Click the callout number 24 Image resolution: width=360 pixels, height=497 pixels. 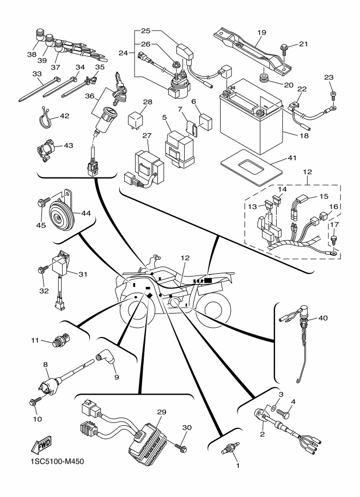point(126,54)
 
